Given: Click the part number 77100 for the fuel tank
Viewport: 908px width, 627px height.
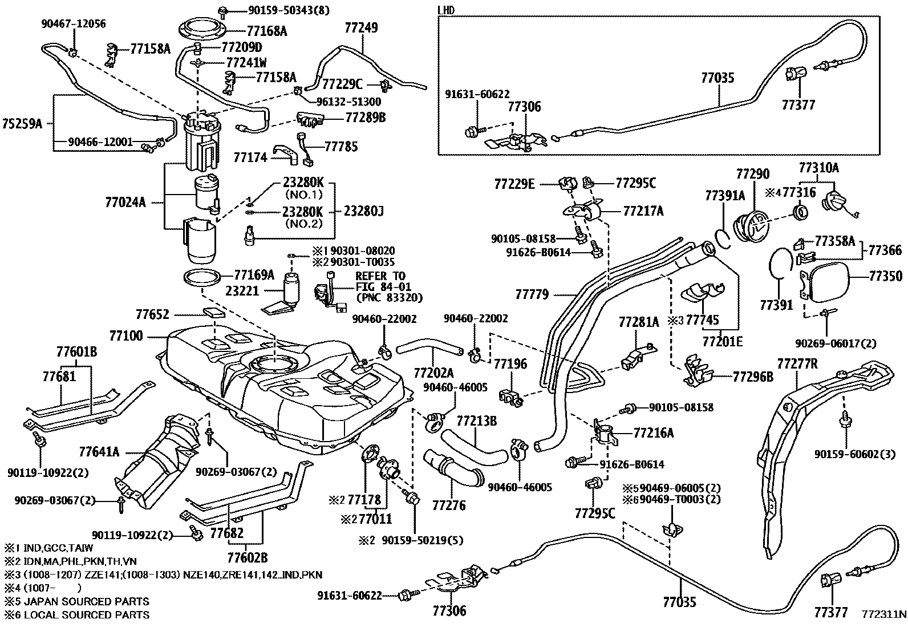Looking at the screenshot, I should click(x=127, y=335).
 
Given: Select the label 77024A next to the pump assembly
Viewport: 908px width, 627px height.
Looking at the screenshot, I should click(x=125, y=201).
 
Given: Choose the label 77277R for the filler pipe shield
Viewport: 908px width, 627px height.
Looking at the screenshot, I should click(x=797, y=363).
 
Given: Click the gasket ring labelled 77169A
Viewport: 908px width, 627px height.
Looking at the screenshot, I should click(x=202, y=278).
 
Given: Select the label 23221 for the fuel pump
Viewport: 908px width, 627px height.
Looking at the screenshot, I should click(x=242, y=291).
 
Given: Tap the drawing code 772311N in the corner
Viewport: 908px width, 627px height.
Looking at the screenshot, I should click(x=883, y=614).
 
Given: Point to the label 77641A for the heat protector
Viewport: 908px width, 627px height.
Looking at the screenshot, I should click(x=99, y=452).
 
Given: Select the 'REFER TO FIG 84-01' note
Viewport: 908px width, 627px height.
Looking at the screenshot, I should click(x=380, y=281).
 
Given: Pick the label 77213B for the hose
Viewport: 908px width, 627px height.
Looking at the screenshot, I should click(x=476, y=421).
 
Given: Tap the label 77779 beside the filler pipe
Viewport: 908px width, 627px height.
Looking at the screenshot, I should click(x=532, y=294).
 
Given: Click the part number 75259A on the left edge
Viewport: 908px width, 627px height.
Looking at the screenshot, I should click(x=22, y=124).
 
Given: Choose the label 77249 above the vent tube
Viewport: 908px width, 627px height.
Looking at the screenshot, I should click(x=361, y=28).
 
